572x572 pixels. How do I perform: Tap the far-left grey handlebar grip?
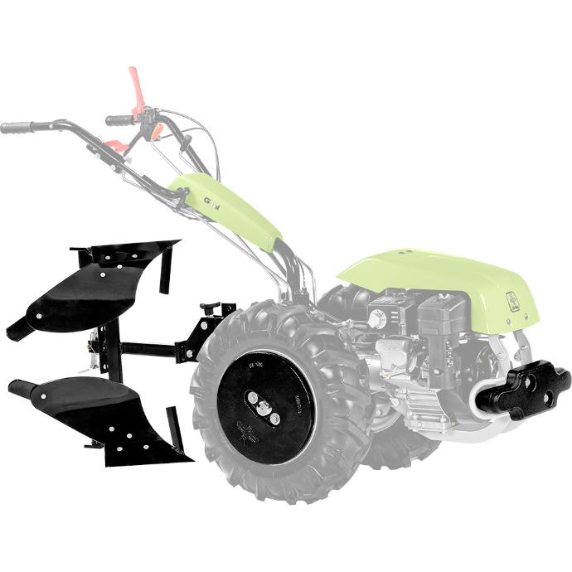(17, 128)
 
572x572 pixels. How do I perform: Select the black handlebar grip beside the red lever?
(119, 120)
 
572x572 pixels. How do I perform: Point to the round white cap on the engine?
(378, 318)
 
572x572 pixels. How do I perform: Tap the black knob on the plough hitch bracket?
(208, 308)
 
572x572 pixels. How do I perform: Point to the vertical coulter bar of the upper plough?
(166, 269)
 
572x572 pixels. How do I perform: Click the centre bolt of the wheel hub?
(263, 408)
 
